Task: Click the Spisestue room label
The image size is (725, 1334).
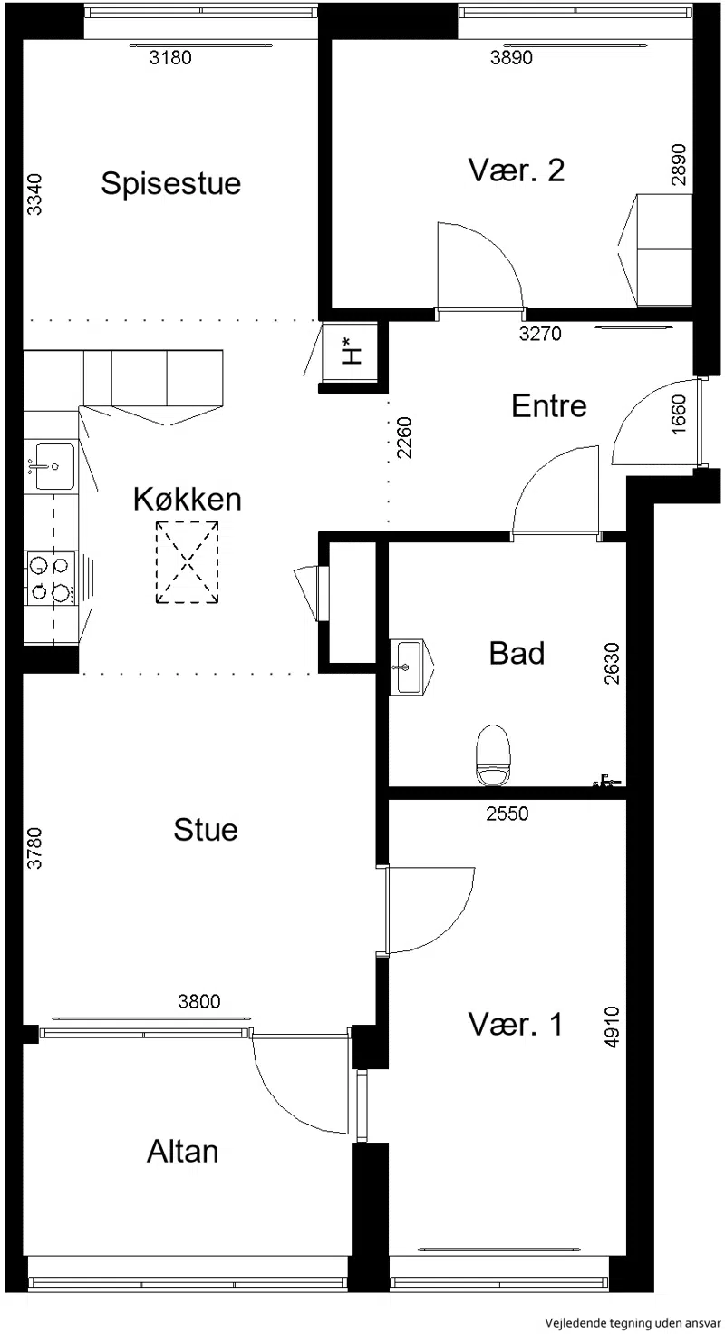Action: pos(171,183)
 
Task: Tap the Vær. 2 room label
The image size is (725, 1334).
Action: pos(516,170)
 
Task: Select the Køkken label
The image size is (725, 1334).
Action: pos(187,499)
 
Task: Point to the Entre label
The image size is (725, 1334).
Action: pos(549,406)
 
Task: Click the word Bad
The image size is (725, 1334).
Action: pos(517,653)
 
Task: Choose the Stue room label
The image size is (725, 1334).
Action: pos(206,830)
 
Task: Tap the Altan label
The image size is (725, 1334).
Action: pos(183,1152)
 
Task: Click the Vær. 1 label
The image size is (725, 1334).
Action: pos(516,1025)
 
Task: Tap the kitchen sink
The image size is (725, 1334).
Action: pos(51,466)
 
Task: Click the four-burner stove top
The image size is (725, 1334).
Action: pos(51,579)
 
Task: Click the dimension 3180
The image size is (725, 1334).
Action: pos(170,58)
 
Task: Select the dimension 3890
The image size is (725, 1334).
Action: pos(511,58)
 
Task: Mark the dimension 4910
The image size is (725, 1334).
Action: pos(612,1027)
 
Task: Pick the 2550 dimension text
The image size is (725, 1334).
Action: pos(507,813)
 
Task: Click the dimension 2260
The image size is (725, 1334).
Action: pos(404,438)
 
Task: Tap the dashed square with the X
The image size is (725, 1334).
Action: pos(187,562)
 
